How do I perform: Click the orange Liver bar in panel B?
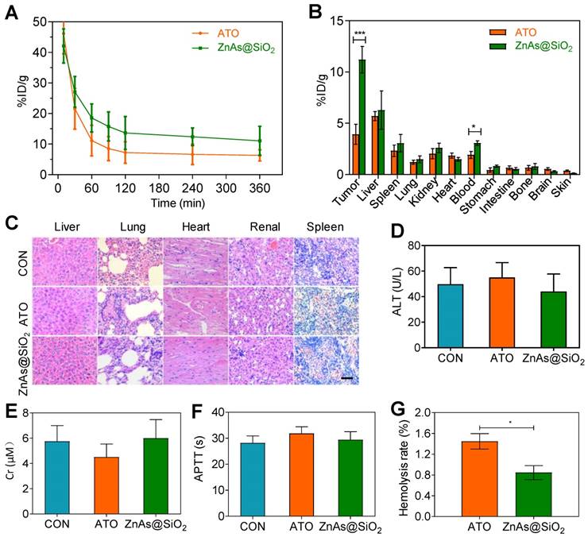coord(375,145)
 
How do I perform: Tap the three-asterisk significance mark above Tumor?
coord(359,33)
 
